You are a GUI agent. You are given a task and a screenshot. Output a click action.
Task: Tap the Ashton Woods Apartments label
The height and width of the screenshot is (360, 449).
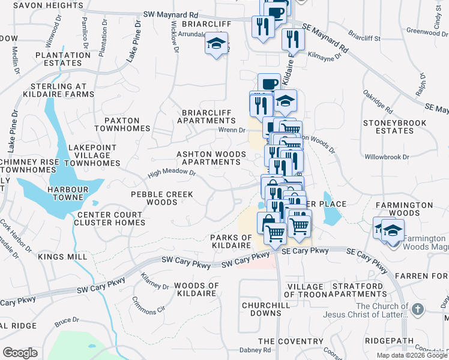(x=211, y=158)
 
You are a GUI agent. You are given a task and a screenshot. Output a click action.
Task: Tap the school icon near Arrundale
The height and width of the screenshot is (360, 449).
(x=216, y=44)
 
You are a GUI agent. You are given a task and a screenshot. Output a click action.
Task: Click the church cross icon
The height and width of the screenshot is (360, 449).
(x=418, y=310)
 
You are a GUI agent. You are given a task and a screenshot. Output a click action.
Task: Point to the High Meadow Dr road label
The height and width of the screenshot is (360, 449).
(x=173, y=173)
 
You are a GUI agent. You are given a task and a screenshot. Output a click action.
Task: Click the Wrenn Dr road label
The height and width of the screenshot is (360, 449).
(x=232, y=130)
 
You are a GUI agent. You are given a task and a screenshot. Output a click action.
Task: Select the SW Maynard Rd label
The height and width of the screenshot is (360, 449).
(x=172, y=14)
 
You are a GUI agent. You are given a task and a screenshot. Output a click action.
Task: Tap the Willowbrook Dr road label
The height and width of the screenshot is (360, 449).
(x=387, y=157)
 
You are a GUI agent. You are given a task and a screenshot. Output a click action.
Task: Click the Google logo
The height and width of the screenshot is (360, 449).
(x=20, y=352)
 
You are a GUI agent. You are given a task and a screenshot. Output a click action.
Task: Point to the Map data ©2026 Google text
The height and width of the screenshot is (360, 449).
(x=412, y=355)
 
